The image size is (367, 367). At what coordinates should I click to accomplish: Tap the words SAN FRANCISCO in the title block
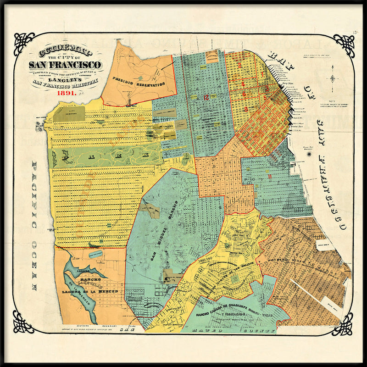[65, 65]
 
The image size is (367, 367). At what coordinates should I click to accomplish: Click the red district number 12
[207, 97]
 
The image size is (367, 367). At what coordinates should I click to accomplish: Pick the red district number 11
[271, 176]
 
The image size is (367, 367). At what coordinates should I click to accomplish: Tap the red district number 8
[246, 109]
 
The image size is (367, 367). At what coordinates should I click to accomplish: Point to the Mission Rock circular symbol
[309, 155]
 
